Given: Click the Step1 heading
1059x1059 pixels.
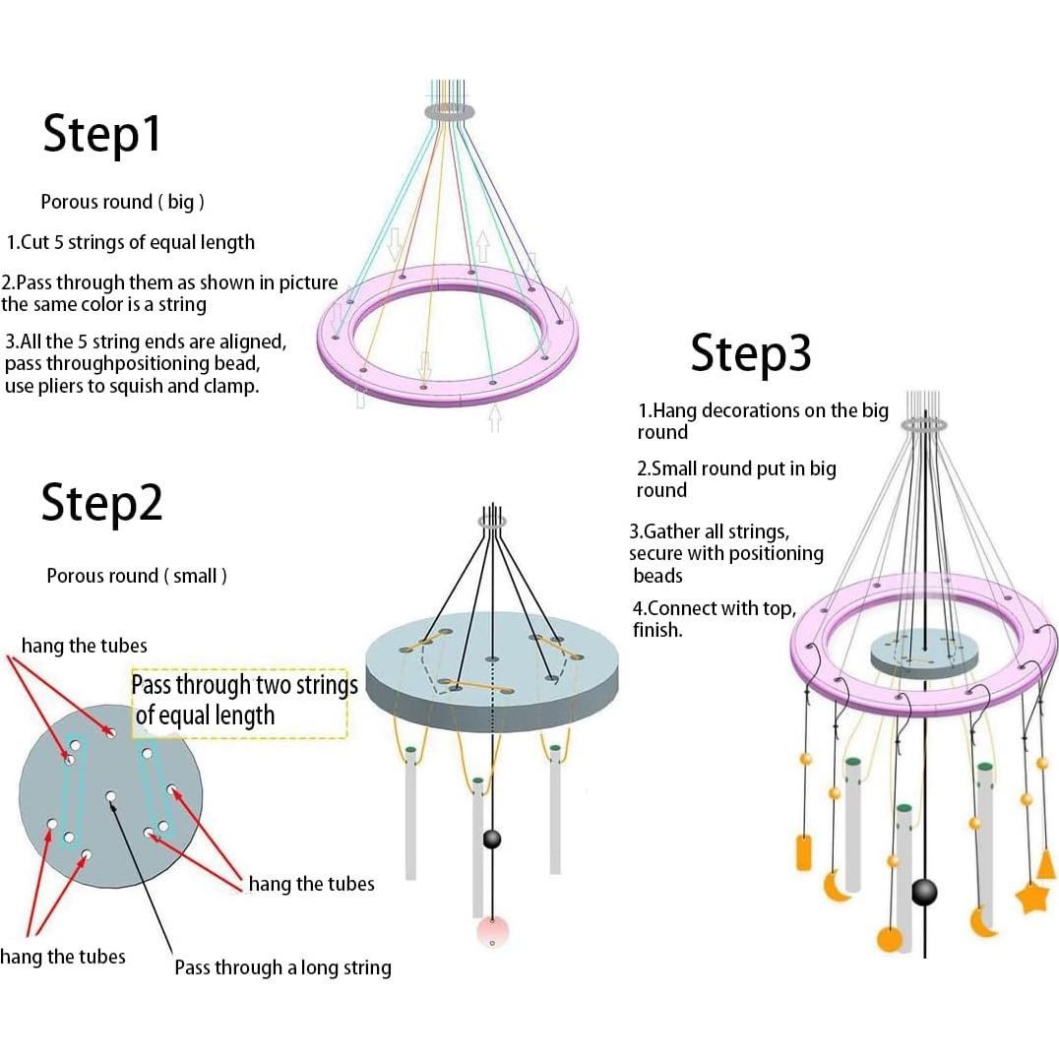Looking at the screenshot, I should coord(101,134).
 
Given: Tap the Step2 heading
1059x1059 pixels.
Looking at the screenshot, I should coord(101,502).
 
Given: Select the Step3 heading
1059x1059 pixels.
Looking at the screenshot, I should coord(750,352).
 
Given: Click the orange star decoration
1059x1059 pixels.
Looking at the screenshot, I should coord(1031,897).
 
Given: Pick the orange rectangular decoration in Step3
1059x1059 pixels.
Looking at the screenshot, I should coord(803,851).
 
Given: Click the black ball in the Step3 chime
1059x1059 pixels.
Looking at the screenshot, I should coord(923,892).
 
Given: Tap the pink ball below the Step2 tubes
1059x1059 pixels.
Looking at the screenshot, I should coord(492,930).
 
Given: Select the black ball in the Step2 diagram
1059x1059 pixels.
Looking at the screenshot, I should coord(491,839).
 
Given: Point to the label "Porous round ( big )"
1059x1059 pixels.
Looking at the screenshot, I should coord(122,202).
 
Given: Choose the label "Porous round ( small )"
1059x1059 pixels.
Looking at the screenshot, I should coord(137,576).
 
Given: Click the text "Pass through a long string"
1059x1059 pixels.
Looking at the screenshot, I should coord(282,967).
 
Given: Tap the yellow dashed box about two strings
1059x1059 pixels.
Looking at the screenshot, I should coord(239,704).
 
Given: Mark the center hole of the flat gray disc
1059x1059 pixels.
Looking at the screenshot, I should coord(110,796).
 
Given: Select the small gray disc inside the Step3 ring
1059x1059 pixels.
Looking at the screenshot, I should coord(922,654).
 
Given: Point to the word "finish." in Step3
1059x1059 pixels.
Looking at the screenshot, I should coord(657,630).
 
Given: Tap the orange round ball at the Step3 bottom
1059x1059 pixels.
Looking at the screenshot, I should coord(890,939).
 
